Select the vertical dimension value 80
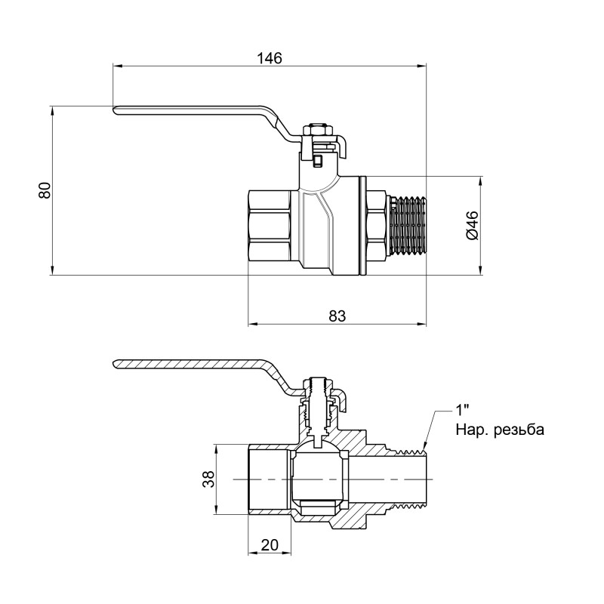[45, 190]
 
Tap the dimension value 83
[337, 317]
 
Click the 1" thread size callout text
[462, 412]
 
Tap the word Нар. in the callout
[470, 430]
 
